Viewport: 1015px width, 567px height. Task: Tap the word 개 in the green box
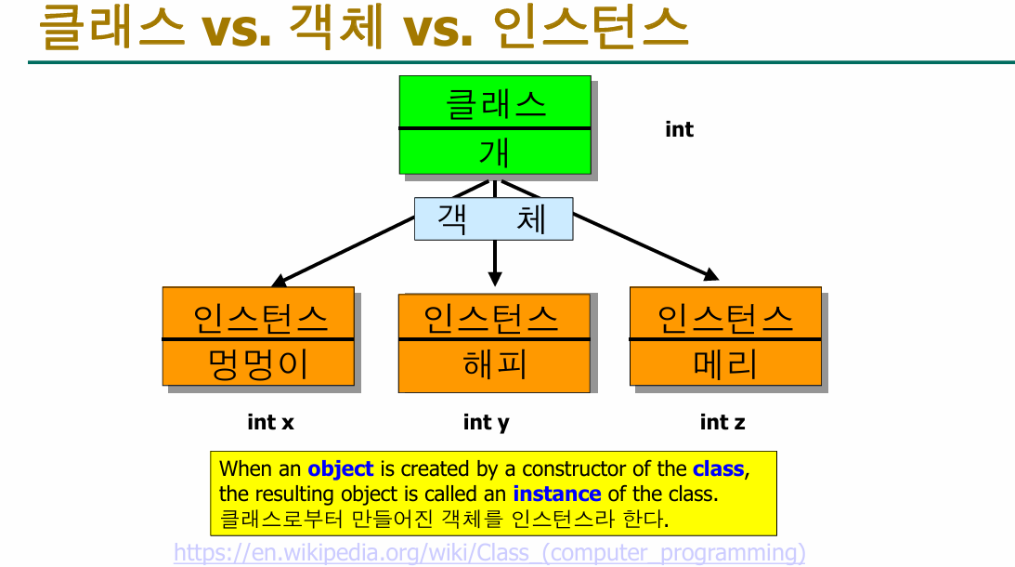495,152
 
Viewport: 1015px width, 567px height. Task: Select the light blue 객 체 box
493,219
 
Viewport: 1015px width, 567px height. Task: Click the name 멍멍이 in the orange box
258,363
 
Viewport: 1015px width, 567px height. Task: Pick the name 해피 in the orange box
494,363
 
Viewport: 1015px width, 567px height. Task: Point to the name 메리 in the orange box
725,363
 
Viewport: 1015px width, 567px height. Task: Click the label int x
270,422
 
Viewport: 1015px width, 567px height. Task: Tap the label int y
486,423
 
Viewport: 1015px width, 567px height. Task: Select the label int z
722,423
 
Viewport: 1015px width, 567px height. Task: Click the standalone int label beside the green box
679,130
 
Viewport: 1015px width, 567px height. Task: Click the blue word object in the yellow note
340,469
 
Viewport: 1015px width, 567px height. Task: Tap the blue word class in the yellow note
718,469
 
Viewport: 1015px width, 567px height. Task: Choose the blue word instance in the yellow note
556,494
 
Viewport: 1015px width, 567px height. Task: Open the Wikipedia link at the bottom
489,553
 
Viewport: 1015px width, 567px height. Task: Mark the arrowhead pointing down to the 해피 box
495,277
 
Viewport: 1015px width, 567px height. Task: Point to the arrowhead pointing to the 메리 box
711,274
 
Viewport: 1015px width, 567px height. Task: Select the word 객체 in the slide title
336,30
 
